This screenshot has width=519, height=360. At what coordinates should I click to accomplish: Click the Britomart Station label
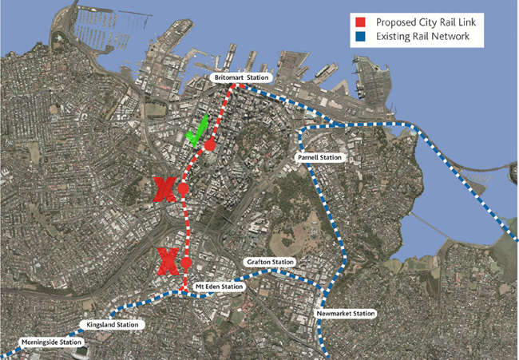click(x=242, y=77)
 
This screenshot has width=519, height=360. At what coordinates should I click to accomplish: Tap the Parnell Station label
click(x=319, y=158)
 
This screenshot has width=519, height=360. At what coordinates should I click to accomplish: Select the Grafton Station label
click(x=271, y=262)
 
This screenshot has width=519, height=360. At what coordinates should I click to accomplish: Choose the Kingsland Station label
click(x=113, y=325)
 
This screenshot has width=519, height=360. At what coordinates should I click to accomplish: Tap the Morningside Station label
click(x=51, y=342)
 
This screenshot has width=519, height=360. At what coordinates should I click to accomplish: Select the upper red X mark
click(x=164, y=189)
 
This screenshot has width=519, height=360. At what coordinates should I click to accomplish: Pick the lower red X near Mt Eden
click(x=168, y=260)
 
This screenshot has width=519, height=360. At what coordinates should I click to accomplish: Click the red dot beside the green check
click(x=210, y=145)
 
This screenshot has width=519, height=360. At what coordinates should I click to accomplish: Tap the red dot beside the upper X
click(x=183, y=189)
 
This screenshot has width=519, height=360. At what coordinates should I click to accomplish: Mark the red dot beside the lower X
click(x=187, y=263)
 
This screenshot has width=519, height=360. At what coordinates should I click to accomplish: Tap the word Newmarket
click(x=335, y=314)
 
